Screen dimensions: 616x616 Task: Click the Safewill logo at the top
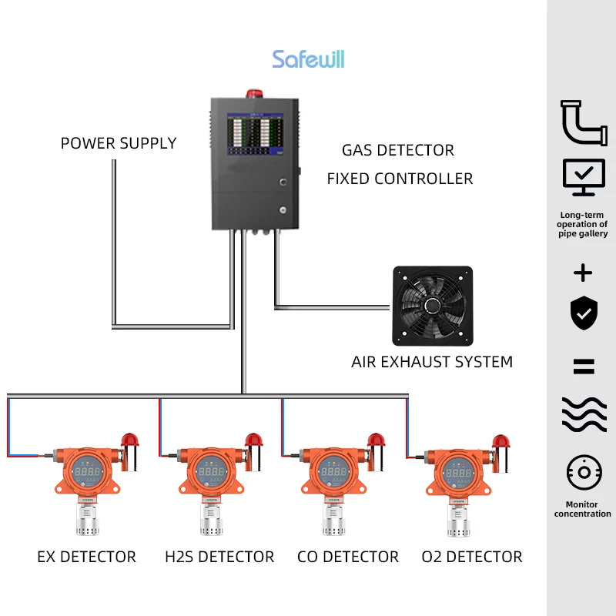[308, 59]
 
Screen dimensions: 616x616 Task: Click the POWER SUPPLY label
[119, 143]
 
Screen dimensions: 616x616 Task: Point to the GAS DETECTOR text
[397, 150]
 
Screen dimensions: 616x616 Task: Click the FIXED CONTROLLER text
[400, 179]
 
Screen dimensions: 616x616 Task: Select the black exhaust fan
[432, 305]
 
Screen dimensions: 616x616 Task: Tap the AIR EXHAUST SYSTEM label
[432, 362]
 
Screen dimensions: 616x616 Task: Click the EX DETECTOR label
[86, 557]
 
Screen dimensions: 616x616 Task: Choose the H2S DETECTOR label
[219, 557]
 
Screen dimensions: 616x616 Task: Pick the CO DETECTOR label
[348, 557]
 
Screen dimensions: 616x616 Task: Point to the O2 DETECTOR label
[472, 557]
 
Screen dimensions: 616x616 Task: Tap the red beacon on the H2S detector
[253, 440]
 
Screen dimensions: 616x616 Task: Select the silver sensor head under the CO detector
[333, 521]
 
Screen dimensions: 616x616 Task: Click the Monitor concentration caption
[583, 509]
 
